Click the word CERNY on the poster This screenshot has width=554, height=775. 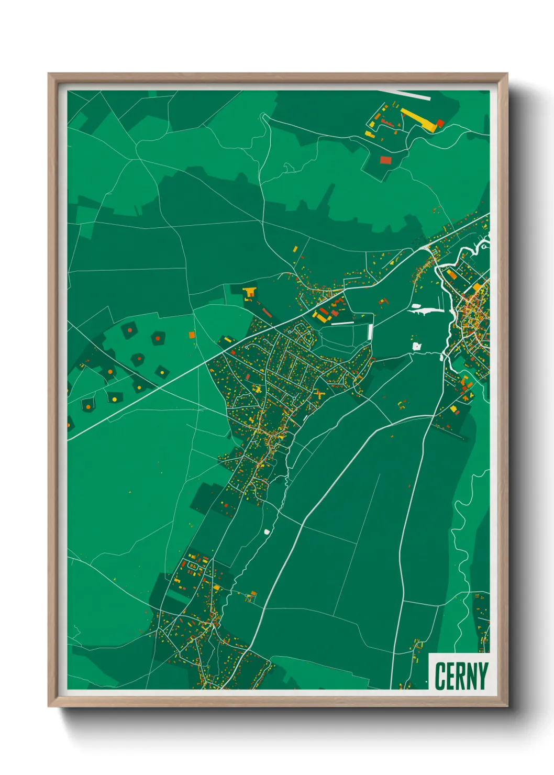click(x=461, y=676)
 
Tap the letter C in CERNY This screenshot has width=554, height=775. click(x=440, y=676)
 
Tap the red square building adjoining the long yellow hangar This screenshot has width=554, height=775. click(x=440, y=124)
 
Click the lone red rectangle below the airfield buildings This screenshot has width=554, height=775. click(x=385, y=160)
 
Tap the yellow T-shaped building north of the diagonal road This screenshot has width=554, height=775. click(x=249, y=292)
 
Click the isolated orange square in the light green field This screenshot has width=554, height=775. click(x=192, y=334)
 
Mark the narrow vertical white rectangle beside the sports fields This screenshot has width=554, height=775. click(x=371, y=331)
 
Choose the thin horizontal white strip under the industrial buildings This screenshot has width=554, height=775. click(x=343, y=323)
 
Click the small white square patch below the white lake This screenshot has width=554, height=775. click(x=417, y=346)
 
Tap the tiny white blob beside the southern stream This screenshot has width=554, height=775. click(x=267, y=532)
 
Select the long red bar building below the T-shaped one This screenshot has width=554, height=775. click(x=267, y=313)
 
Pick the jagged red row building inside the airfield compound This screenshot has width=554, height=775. click(x=388, y=123)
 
